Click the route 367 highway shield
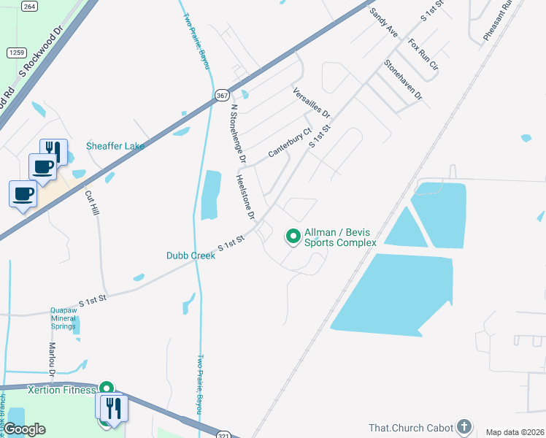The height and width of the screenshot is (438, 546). pyautogui.click(x=222, y=96)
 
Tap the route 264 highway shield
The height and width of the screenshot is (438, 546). pyautogui.click(x=29, y=6)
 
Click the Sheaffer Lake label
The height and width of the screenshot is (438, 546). pyautogui.click(x=115, y=146)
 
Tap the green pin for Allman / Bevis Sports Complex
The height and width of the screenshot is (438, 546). pyautogui.click(x=293, y=236)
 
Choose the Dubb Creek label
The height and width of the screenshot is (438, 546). pyautogui.click(x=191, y=255)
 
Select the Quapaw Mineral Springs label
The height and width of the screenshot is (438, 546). pyautogui.click(x=64, y=318)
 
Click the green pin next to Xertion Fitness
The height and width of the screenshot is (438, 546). pyautogui.click(x=107, y=390)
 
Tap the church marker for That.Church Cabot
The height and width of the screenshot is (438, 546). pyautogui.click(x=463, y=427)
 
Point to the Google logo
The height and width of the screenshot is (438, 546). pyautogui.click(x=25, y=429)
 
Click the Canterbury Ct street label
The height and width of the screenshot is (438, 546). pyautogui.click(x=290, y=143)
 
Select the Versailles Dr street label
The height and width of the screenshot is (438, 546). pyautogui.click(x=312, y=103)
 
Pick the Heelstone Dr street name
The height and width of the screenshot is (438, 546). pyautogui.click(x=245, y=197)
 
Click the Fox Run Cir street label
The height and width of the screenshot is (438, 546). pyautogui.click(x=423, y=55)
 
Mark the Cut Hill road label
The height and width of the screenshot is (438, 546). pyautogui.click(x=91, y=202)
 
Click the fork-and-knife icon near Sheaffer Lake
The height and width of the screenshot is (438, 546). pyautogui.click(x=53, y=150)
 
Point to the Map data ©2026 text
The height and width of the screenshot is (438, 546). pyautogui.click(x=515, y=432)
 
